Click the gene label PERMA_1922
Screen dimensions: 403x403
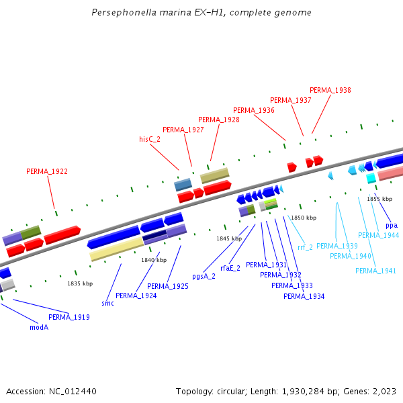[47, 171]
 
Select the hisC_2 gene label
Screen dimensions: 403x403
[150, 139]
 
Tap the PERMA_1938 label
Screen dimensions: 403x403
[330, 90]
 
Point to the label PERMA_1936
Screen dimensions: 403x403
[253, 110]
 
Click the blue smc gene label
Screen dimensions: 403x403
[107, 304]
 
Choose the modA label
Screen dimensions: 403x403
[39, 328]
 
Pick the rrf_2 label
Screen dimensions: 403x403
[305, 247]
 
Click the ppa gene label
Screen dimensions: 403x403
[392, 225]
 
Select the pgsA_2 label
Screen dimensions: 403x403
[204, 276]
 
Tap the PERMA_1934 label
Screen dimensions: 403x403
[304, 296]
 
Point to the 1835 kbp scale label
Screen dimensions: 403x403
[79, 284]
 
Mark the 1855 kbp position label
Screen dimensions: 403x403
[379, 199]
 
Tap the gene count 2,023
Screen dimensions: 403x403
[383, 391]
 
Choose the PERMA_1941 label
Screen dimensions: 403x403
[375, 271]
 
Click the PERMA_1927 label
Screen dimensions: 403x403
[183, 130]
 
